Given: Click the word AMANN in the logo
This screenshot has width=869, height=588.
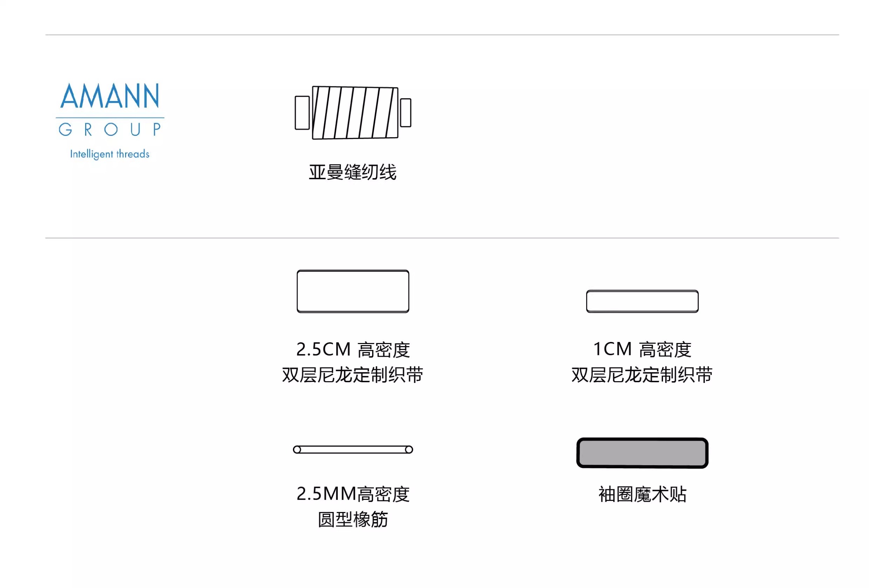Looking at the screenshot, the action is (110, 96).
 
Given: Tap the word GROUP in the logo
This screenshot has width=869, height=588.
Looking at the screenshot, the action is (110, 129).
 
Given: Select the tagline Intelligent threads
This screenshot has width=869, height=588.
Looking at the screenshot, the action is (110, 154).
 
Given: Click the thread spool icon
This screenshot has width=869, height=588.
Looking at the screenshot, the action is (355, 113).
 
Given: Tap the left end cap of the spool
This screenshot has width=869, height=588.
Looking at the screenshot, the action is (302, 113).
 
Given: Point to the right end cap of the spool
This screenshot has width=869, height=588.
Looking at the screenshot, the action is (406, 113).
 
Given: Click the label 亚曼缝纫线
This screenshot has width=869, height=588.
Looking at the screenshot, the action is (353, 172).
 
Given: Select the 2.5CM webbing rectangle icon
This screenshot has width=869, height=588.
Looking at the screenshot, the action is (353, 292).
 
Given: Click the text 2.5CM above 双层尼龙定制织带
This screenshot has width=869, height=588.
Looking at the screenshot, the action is (323, 349).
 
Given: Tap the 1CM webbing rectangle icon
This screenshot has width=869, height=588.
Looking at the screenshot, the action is (642, 301).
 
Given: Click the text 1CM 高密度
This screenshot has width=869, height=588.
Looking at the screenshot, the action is (642, 349).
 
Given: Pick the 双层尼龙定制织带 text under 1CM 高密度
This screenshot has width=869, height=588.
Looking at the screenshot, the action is (642, 375).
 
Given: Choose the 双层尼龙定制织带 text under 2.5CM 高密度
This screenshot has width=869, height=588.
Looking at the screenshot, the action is (353, 375).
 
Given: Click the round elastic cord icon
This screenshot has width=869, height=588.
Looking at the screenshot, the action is (353, 449).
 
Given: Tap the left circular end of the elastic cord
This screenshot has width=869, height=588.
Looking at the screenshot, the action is (297, 449).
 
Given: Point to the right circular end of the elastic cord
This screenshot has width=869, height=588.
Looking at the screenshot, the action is (409, 449).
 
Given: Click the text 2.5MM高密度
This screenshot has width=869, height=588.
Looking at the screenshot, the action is (353, 494).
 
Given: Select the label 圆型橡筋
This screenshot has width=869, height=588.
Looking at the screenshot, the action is (353, 519).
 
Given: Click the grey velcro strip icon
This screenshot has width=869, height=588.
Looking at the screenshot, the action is (642, 453).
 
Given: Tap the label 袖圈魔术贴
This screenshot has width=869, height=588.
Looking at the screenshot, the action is (642, 494).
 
